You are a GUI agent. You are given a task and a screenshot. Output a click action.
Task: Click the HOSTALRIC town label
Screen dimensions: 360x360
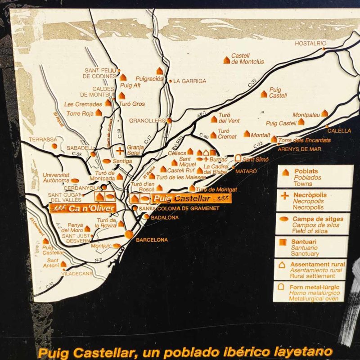coord(310,44)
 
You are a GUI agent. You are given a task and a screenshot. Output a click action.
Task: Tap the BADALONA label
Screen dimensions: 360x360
coord(164,218)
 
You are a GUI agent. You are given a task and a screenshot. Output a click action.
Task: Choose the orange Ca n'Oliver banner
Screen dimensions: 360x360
coord(83,207)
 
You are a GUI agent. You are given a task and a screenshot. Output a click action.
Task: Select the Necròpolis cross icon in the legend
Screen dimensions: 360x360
coord(284,195)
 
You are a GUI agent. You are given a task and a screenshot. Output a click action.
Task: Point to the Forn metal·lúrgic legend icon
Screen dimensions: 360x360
coord(282,287)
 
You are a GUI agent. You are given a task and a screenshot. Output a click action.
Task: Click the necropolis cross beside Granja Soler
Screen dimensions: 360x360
coord(120,151)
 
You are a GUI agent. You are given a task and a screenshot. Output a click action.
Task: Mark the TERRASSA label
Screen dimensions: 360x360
coord(43,139)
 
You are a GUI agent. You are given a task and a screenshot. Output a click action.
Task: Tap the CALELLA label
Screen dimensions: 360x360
coord(339,130)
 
